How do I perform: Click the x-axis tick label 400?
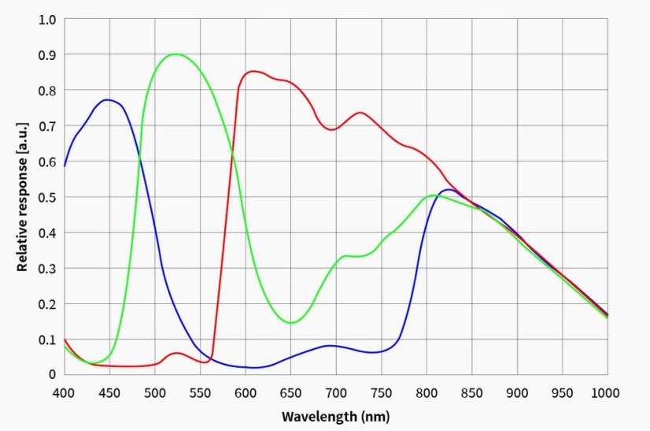point(64,392)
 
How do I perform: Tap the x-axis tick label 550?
point(200,392)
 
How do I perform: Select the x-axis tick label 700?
point(336,392)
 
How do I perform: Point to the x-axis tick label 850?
point(472,392)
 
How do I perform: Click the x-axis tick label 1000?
point(608,392)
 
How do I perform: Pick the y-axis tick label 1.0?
point(47,19)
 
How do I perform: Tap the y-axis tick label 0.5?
point(47,196)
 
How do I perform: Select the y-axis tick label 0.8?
point(47,90)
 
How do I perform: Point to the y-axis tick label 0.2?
point(47,303)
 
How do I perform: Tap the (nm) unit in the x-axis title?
point(373,415)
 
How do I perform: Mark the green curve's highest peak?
point(175,54)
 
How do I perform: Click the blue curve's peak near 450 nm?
point(109,99)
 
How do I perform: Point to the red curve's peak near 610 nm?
point(253,71)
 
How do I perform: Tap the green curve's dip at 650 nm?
point(290,322)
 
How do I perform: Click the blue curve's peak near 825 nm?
point(449,190)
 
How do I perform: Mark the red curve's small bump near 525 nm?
point(176,353)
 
